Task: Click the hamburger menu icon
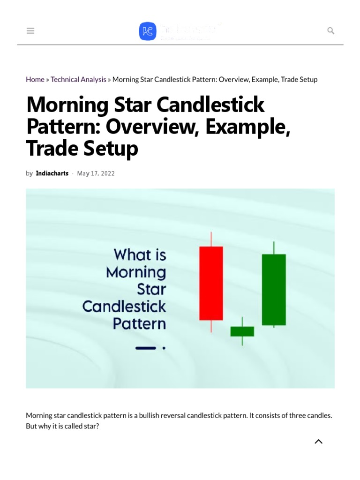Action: click(x=30, y=31)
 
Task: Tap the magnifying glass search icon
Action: click(x=330, y=31)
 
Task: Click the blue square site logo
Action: click(x=148, y=31)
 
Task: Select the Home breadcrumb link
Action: click(x=35, y=80)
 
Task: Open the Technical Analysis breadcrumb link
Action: click(x=78, y=80)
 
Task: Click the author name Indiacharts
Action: click(x=52, y=173)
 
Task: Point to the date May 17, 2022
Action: click(x=96, y=173)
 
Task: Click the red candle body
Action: click(x=211, y=283)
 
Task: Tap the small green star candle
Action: click(x=242, y=331)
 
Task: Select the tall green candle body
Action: click(x=274, y=289)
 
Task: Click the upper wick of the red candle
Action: click(x=211, y=239)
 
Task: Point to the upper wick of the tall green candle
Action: click(x=274, y=248)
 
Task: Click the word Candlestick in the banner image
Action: click(x=124, y=307)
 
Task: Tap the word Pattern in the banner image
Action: click(x=139, y=323)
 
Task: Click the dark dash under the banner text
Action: click(x=145, y=348)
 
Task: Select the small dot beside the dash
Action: click(x=164, y=348)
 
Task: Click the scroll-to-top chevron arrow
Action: click(x=318, y=442)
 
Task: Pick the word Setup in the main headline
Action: click(x=111, y=148)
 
